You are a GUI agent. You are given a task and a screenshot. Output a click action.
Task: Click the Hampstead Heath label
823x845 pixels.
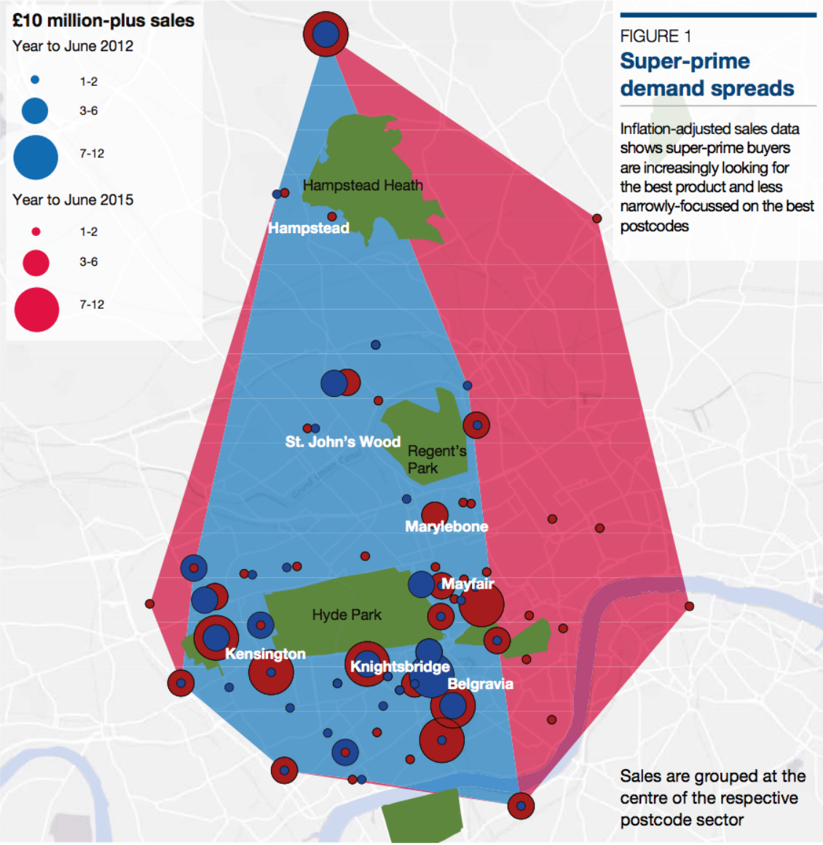362,186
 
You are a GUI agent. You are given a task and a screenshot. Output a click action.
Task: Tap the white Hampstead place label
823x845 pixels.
309,228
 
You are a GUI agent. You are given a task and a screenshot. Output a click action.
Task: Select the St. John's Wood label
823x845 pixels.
342,441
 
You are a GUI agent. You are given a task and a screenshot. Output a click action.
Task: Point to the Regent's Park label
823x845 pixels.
436,460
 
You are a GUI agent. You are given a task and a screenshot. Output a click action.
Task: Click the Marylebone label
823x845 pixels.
446,526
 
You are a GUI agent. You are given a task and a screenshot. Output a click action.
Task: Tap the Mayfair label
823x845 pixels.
468,583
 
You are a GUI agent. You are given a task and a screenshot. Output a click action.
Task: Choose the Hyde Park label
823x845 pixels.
347,615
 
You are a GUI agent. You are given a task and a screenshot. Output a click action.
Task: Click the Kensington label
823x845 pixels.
265,653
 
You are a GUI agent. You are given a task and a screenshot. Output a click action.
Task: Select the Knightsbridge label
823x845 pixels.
400,667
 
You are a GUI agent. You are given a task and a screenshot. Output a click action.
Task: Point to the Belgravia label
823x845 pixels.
480,683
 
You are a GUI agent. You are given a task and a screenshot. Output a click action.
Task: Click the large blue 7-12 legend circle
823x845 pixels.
36,157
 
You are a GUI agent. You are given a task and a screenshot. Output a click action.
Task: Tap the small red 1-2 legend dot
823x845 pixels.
36,232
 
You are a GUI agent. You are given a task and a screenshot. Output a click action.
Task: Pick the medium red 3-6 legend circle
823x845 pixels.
36,262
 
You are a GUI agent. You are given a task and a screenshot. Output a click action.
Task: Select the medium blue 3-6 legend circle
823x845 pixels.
35,111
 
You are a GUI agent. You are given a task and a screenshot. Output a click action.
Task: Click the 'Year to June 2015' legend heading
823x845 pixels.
73,200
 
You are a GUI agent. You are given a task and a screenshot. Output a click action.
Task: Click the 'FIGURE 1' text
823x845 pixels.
655,36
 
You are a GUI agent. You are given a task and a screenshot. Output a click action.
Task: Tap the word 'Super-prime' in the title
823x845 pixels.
685,61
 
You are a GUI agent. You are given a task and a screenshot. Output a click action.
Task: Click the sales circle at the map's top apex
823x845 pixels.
326,34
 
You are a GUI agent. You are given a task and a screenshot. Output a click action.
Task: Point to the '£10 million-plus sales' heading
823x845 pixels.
103,20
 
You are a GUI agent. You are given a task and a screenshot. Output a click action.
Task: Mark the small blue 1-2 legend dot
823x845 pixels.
35,80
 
